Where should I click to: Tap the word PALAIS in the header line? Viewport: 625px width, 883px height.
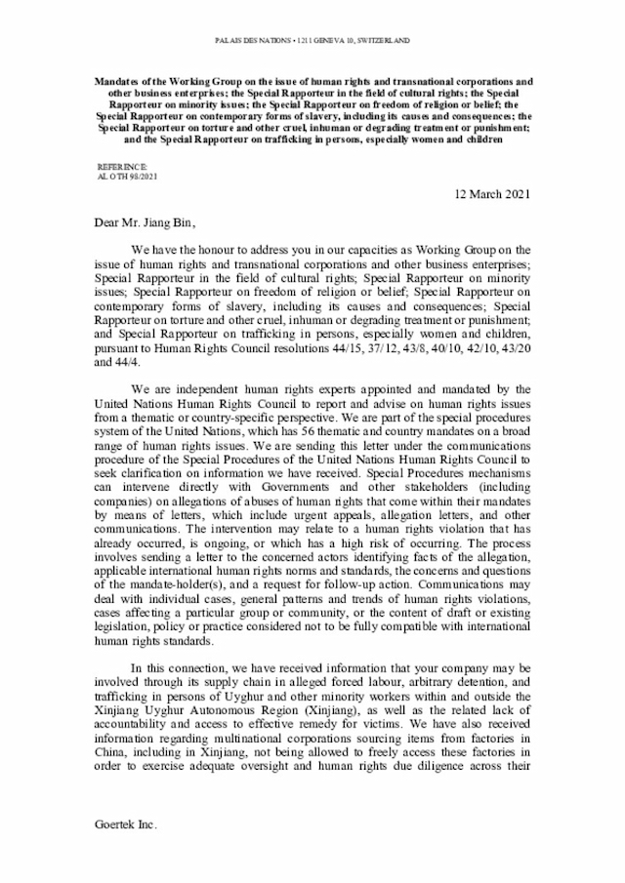[229, 40]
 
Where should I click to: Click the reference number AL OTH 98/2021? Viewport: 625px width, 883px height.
[128, 177]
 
